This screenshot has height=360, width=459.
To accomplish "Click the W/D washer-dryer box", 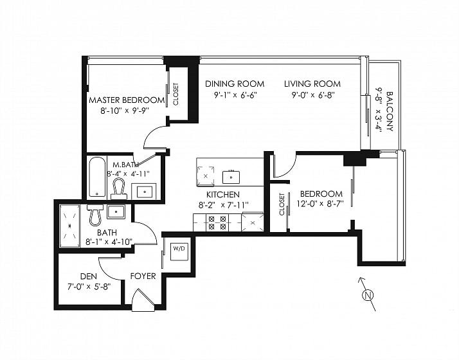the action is point(179,251).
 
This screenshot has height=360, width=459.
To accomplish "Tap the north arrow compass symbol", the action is point(368,294).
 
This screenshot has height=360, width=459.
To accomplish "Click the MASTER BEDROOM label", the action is point(127,100).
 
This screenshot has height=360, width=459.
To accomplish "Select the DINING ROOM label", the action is point(235,84).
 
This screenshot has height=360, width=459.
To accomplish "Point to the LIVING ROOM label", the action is point(312,84).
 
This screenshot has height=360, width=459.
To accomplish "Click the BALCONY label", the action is point(390,111).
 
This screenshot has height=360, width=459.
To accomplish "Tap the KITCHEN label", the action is point(223,195).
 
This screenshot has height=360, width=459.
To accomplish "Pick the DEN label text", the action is point(89,276).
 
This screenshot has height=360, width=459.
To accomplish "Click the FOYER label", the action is point(143,276).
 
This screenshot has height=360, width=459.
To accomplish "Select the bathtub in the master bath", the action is point(97,177).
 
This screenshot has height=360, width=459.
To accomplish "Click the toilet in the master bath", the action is point(119,189).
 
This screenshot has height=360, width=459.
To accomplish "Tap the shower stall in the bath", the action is point(69,226).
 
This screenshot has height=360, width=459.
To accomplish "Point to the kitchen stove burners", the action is point(217,222).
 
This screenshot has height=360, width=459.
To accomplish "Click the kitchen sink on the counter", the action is point(231,177).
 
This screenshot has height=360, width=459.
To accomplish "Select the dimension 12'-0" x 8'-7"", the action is point(320,203).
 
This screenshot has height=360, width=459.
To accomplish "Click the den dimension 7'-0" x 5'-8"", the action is point(89,287).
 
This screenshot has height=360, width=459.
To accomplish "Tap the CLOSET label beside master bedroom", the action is point(175,94).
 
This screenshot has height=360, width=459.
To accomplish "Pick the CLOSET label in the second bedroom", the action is point(282,204).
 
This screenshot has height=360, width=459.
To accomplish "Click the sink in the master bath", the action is point(145,192).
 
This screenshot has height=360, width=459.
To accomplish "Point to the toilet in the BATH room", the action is point(95,215).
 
